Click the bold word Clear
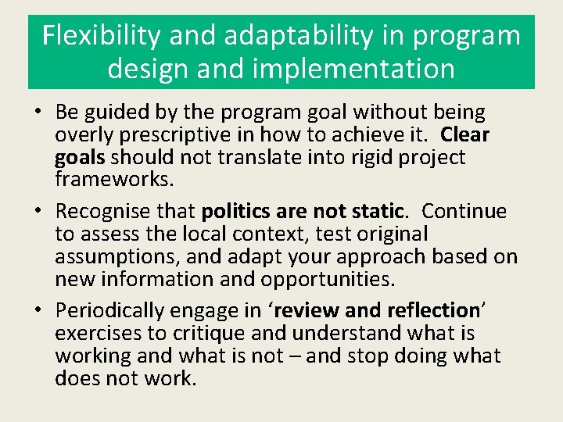(465, 135)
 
